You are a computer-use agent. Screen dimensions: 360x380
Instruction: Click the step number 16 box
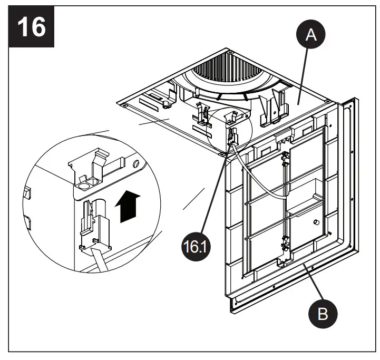tap(31, 26)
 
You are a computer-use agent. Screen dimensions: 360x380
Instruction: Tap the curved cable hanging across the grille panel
tap(264, 184)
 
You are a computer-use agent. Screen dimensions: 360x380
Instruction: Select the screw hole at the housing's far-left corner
tap(122, 106)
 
